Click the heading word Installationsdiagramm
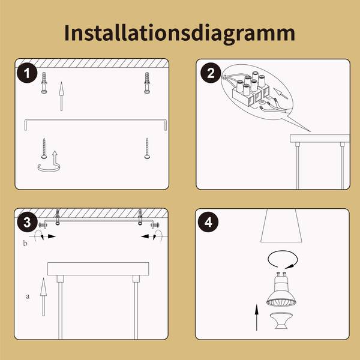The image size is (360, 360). (179, 33)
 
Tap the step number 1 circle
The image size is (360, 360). (27, 73)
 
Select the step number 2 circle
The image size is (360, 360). (211, 73)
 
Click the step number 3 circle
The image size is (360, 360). (27, 222)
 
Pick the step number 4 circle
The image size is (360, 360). (208, 222)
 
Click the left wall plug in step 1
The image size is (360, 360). (44, 83)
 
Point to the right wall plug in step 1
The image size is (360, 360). (147, 83)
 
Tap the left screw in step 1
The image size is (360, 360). (44, 148)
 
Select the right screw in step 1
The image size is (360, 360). (147, 148)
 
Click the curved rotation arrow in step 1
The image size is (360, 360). (49, 170)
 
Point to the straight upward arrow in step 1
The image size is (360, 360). (61, 96)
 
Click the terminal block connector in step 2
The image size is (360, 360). (250, 89)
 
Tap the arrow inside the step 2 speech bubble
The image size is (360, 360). (281, 94)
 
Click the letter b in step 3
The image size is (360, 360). (25, 243)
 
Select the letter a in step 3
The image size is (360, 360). (28, 296)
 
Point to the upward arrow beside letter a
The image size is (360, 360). (43, 297)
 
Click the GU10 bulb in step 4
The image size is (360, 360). (281, 289)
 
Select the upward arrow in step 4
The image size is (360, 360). (256, 317)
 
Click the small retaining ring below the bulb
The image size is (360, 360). (281, 320)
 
